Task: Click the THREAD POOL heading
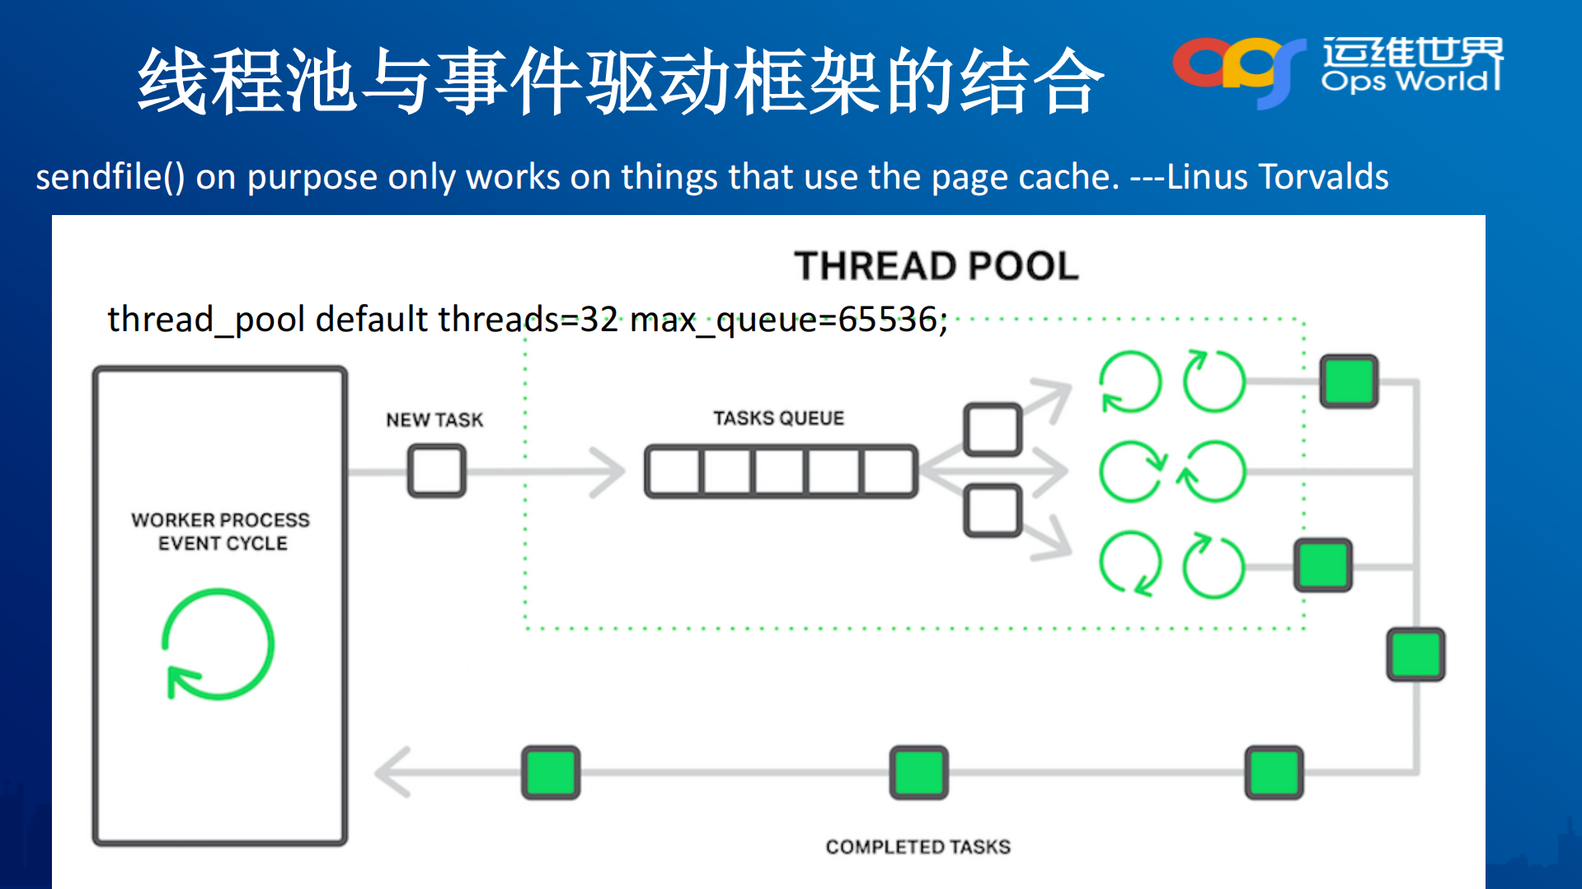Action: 936,266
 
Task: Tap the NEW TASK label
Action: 434,420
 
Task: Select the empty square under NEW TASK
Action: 436,470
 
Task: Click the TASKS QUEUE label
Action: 778,419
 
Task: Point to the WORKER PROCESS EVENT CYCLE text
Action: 221,531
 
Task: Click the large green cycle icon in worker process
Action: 218,644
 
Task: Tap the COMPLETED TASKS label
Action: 918,847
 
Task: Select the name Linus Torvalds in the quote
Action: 1277,177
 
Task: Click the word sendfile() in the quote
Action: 110,177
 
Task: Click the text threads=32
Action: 528,320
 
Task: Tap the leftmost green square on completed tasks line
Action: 551,773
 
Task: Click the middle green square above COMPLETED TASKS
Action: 918,773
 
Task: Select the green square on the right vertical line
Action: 1415,654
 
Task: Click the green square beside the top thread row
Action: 1349,381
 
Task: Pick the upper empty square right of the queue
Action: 993,429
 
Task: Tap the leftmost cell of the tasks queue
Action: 674,471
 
